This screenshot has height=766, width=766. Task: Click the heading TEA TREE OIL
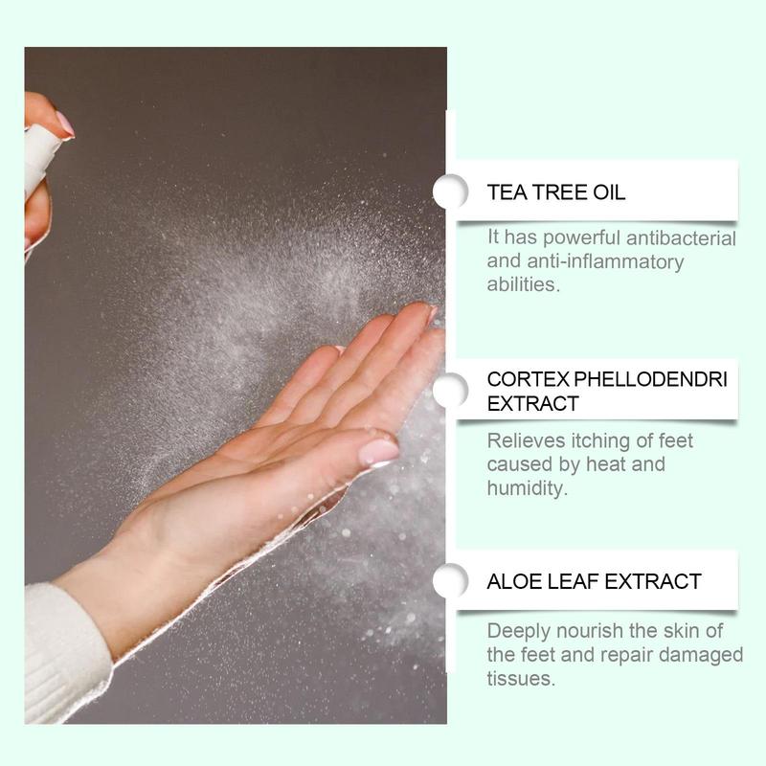[556, 191]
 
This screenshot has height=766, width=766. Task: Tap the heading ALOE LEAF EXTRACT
[594, 581]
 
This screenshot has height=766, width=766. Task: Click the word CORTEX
[520, 379]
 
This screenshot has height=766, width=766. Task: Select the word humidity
[526, 487]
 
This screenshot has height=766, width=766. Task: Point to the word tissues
[521, 678]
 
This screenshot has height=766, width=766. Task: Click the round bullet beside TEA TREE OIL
[450, 191]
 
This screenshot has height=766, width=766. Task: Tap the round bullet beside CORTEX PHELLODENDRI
[450, 391]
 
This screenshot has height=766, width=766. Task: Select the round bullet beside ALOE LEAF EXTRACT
[450, 581]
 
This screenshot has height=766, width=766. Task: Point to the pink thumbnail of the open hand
[379, 451]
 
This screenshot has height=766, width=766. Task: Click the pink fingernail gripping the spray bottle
[64, 124]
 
